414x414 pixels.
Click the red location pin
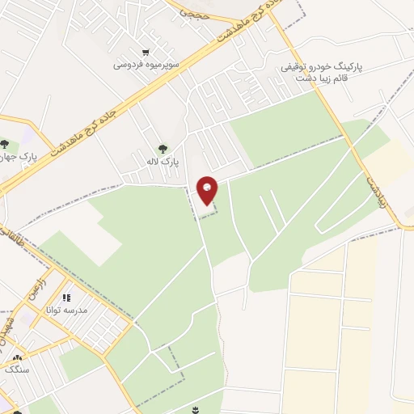208,190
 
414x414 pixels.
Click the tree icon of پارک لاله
163,149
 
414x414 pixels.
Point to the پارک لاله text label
163,162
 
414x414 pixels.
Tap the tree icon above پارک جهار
4,144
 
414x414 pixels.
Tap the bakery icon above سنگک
17,357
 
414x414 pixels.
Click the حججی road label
193,13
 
